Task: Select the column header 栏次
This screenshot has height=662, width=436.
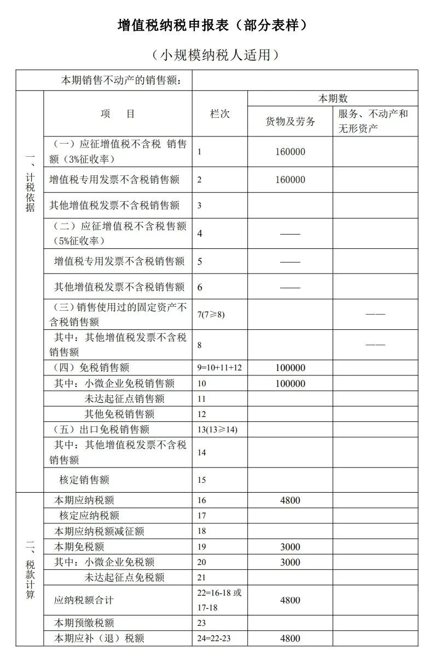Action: (x=220, y=113)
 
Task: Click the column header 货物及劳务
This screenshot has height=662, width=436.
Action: (x=290, y=122)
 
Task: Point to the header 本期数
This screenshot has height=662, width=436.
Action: (x=333, y=99)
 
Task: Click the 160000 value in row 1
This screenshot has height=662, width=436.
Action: (x=290, y=152)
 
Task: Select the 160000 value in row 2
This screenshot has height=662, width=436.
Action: (x=290, y=179)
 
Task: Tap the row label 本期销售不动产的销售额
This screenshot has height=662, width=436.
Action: (x=126, y=81)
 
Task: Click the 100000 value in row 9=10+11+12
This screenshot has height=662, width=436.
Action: (x=290, y=368)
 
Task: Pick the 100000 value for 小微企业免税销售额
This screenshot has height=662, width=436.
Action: (x=290, y=384)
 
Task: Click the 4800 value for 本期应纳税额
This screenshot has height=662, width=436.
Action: (x=290, y=500)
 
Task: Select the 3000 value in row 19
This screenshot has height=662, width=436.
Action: (x=290, y=546)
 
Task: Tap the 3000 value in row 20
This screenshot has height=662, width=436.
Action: (x=290, y=562)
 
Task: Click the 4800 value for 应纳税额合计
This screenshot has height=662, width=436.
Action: (x=290, y=600)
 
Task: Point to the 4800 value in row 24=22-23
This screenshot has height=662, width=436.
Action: (x=290, y=638)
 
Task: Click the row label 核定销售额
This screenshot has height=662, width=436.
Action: (x=84, y=480)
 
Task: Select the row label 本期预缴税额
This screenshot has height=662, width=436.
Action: (x=84, y=623)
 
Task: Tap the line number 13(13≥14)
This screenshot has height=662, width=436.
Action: (x=218, y=430)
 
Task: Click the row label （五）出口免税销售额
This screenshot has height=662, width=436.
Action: (x=101, y=429)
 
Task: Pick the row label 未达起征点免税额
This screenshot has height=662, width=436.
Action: (x=125, y=577)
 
